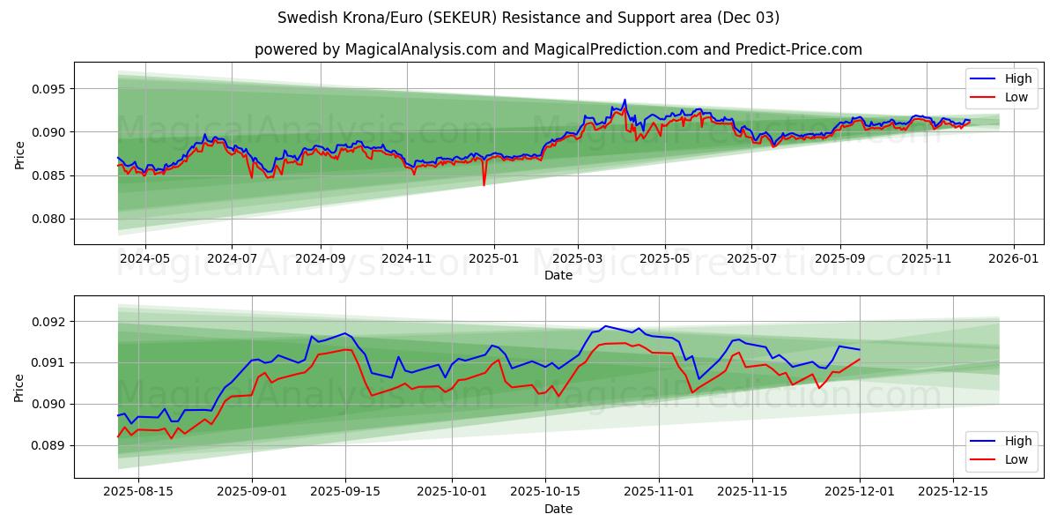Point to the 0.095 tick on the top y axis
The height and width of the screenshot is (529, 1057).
pos(48,89)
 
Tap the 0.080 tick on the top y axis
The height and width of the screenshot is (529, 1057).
pos(48,219)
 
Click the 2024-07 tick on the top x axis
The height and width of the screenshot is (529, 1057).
pos(232,257)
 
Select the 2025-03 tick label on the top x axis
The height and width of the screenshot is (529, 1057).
pos(578,257)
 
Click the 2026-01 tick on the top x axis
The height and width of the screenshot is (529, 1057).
pos(1013,257)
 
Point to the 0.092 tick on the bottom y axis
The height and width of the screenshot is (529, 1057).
pos(48,322)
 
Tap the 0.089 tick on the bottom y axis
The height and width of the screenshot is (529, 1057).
pos(48,445)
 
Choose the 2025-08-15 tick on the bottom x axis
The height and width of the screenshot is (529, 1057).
pos(138,491)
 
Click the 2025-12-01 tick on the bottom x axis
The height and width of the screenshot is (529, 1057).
pos(860,491)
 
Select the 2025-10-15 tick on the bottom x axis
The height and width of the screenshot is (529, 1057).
pos(545,491)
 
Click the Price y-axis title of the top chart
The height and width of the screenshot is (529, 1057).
pos(19,153)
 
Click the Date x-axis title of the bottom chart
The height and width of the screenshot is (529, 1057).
pos(558,509)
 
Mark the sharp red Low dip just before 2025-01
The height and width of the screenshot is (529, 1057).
pos(484,184)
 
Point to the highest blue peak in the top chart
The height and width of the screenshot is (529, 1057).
pos(625,101)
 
